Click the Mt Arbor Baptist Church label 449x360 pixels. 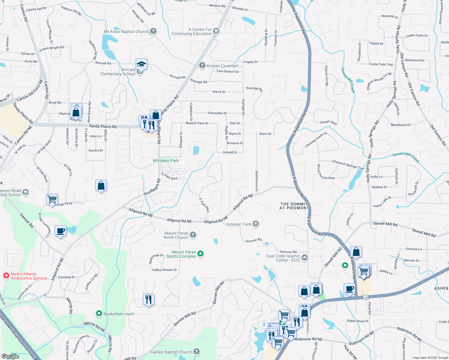[x=126, y=31]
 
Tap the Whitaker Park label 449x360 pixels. [x=166, y=160]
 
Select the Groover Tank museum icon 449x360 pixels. [x=255, y=224]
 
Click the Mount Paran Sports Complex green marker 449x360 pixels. [x=201, y=254]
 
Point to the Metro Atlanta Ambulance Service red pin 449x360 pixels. [x=6, y=276]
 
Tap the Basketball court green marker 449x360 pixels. [x=99, y=314]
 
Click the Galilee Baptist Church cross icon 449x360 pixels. [x=196, y=352]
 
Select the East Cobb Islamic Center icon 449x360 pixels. [x=305, y=257]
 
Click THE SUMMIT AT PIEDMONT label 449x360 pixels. [x=294, y=206]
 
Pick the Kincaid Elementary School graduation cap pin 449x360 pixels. [x=141, y=64]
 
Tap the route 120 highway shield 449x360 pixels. [x=365, y=298]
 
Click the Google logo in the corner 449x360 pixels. [x=10, y=356]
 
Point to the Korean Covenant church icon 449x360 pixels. [x=202, y=65]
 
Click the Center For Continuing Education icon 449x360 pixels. [x=216, y=31]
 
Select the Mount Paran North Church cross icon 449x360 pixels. [x=193, y=235]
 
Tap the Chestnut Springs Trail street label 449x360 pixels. [x=348, y=164]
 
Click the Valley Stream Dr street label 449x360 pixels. [x=164, y=270]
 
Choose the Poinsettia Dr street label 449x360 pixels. [x=217, y=113]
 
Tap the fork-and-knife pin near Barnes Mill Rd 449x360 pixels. [x=149, y=299]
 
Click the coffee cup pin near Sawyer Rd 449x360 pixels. [x=61, y=231]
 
